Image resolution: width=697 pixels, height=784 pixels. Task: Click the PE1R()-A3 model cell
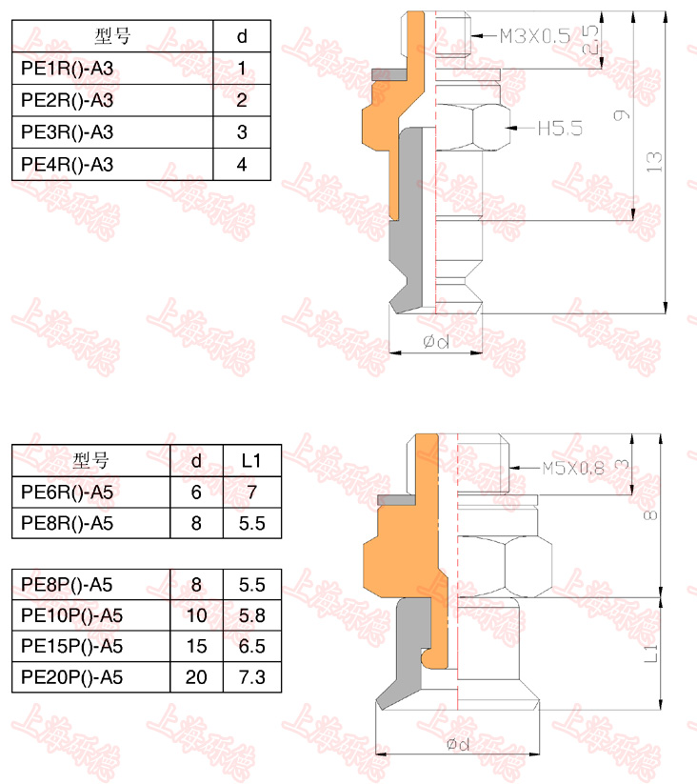pos(67,69)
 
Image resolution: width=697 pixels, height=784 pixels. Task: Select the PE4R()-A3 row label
pos(67,165)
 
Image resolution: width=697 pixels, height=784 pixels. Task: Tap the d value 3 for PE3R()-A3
pos(242,132)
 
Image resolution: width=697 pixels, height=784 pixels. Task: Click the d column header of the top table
pos(242,36)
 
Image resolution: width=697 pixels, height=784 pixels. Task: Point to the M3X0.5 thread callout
pos(535,36)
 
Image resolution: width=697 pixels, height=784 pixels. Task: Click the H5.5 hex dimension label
pos(560,129)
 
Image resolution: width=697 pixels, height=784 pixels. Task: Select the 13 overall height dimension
pos(653,162)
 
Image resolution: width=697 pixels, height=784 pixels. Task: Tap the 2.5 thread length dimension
pos(590,40)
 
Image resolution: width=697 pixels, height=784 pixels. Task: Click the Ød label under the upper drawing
pos(436,341)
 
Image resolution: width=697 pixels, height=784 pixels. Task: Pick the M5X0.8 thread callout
pos(573,468)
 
